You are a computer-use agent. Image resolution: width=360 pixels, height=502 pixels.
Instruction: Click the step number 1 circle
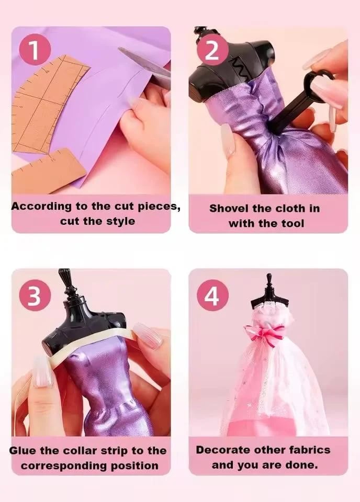click(35, 49)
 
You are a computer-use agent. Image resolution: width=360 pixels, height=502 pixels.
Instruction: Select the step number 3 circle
click(35, 296)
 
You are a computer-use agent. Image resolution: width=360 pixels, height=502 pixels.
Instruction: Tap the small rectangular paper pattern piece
click(48, 172)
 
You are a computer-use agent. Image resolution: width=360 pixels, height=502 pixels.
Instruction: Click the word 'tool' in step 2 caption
click(292, 223)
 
